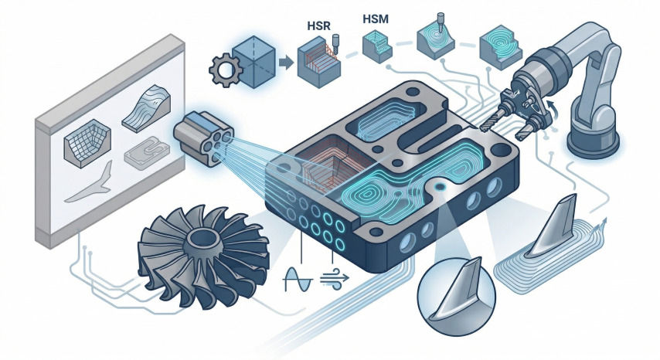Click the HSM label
pos(375,19)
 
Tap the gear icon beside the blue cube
pos(226,70)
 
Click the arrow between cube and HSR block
pos(287,63)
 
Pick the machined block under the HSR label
pos(318,63)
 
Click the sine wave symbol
pos(298,279)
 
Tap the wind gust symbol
pos(335,278)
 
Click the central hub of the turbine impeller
pos(203,241)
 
